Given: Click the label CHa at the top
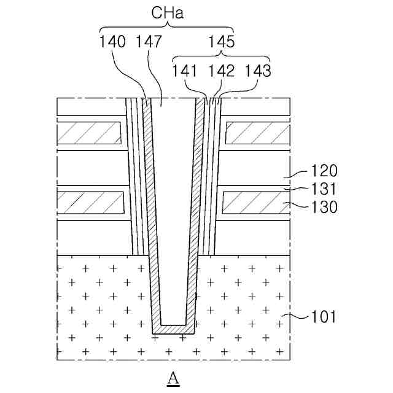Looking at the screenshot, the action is pyautogui.click(x=167, y=13).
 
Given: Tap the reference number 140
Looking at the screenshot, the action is pyautogui.click(x=112, y=42).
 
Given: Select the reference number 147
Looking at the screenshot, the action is pyautogui.click(x=149, y=42).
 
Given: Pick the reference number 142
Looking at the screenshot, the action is pyautogui.click(x=222, y=71).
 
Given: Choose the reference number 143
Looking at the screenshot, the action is pyautogui.click(x=257, y=71).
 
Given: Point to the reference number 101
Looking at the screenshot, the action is pyautogui.click(x=323, y=317).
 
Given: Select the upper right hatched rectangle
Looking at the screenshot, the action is pyautogui.click(x=257, y=131).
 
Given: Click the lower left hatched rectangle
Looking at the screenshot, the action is pyautogui.click(x=90, y=201).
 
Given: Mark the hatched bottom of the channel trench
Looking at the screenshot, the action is pyautogui.click(x=174, y=330).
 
